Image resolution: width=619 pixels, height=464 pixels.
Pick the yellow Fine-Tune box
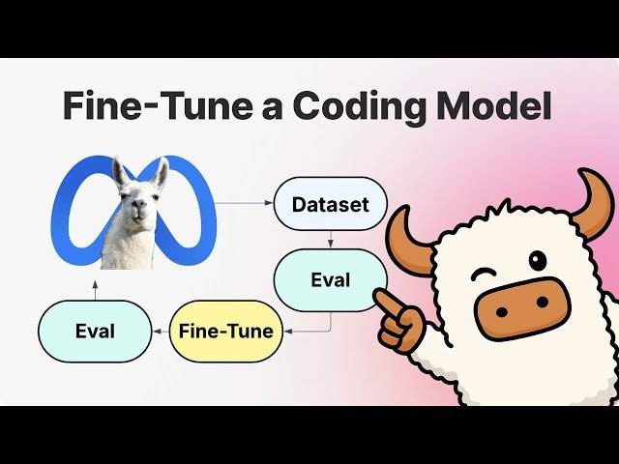point(226,332)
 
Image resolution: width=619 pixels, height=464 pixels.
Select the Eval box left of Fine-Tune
point(95,332)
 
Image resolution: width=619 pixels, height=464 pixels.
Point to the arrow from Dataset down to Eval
point(330,239)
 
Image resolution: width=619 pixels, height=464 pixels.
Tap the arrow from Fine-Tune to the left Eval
point(161,332)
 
